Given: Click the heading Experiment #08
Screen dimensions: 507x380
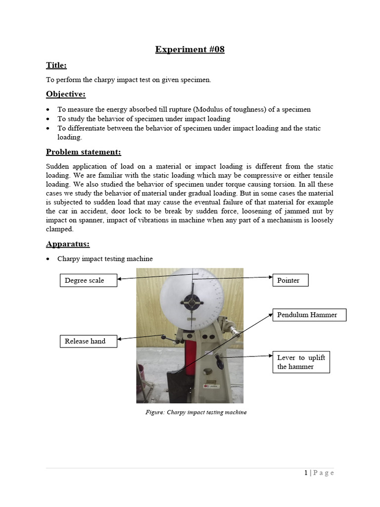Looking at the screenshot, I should click(x=190, y=49).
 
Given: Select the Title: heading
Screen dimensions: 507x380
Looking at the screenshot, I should click(x=56, y=65).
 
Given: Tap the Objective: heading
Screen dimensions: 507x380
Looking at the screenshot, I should click(x=65, y=94).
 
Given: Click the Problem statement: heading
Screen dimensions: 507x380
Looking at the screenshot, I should click(x=83, y=152).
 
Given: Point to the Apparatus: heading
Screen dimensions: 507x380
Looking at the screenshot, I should click(x=68, y=244).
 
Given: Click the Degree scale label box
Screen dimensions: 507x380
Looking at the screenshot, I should click(x=89, y=280).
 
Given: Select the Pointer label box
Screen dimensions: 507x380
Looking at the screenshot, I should click(x=290, y=280).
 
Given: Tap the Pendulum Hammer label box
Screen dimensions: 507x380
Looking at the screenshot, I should click(x=309, y=315).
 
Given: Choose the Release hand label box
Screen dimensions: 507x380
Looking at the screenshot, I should click(x=89, y=341).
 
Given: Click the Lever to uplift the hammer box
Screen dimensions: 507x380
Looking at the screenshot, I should click(x=300, y=362).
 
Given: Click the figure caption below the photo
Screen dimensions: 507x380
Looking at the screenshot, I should click(x=192, y=412).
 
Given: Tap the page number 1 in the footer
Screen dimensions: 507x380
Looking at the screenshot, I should click(x=306, y=473).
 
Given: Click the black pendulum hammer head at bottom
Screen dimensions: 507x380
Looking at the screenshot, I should click(x=175, y=386).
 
